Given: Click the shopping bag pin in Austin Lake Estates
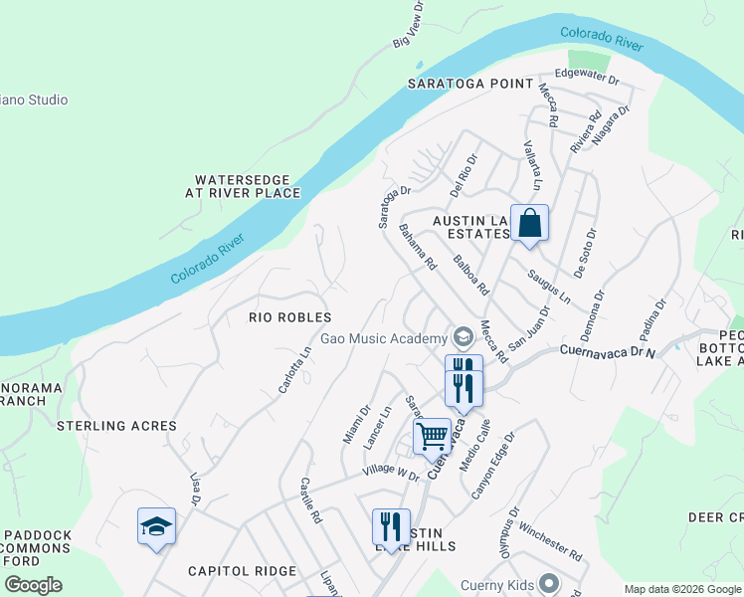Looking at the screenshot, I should (x=529, y=223).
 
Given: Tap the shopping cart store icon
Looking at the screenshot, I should (x=432, y=437).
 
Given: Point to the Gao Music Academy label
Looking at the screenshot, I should (x=383, y=339).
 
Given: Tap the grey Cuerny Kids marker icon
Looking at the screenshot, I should (x=547, y=584).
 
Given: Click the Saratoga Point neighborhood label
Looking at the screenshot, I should (x=470, y=84).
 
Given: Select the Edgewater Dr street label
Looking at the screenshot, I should (x=587, y=75).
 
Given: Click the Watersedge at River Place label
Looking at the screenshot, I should (x=247, y=186).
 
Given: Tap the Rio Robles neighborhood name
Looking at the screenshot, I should (x=289, y=316).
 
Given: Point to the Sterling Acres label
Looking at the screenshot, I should (x=116, y=426).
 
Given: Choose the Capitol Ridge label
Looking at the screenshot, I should (x=243, y=571).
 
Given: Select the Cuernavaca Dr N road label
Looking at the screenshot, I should (x=609, y=351).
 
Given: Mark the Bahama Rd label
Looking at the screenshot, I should (x=418, y=249).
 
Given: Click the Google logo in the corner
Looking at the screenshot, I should (x=33, y=585).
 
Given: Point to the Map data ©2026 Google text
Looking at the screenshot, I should (x=681, y=589).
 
